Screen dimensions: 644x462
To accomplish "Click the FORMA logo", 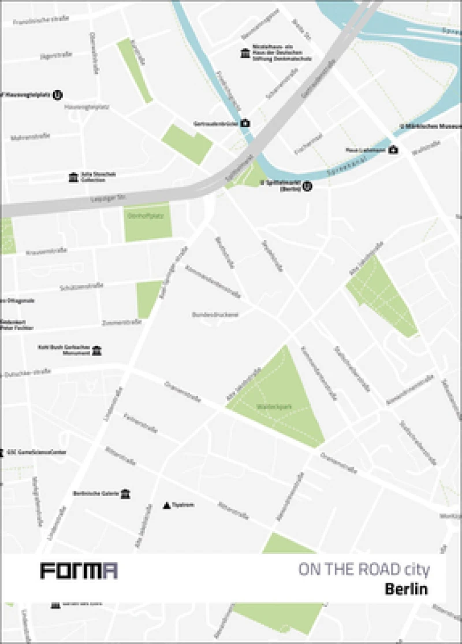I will pos(79,571).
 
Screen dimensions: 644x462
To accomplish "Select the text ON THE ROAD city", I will pos(364,570).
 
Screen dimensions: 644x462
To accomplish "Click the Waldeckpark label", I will pos(274,407).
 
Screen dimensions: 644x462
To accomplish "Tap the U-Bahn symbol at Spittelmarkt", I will pos(307,186).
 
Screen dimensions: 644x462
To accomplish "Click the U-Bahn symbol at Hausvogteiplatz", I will pos(58,95).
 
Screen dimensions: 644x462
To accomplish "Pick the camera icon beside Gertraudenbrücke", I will pos(245,123).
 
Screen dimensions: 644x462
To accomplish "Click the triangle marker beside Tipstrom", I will pos(167,505).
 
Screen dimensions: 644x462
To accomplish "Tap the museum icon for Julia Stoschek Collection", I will pos(73,177).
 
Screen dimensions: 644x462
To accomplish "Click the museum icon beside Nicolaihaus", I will pos(245,54).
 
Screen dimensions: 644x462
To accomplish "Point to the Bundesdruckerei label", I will pos(215,315).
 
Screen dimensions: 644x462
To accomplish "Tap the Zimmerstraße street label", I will pos(121,322).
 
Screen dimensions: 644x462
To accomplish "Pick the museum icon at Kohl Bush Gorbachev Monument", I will pos(96,351).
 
